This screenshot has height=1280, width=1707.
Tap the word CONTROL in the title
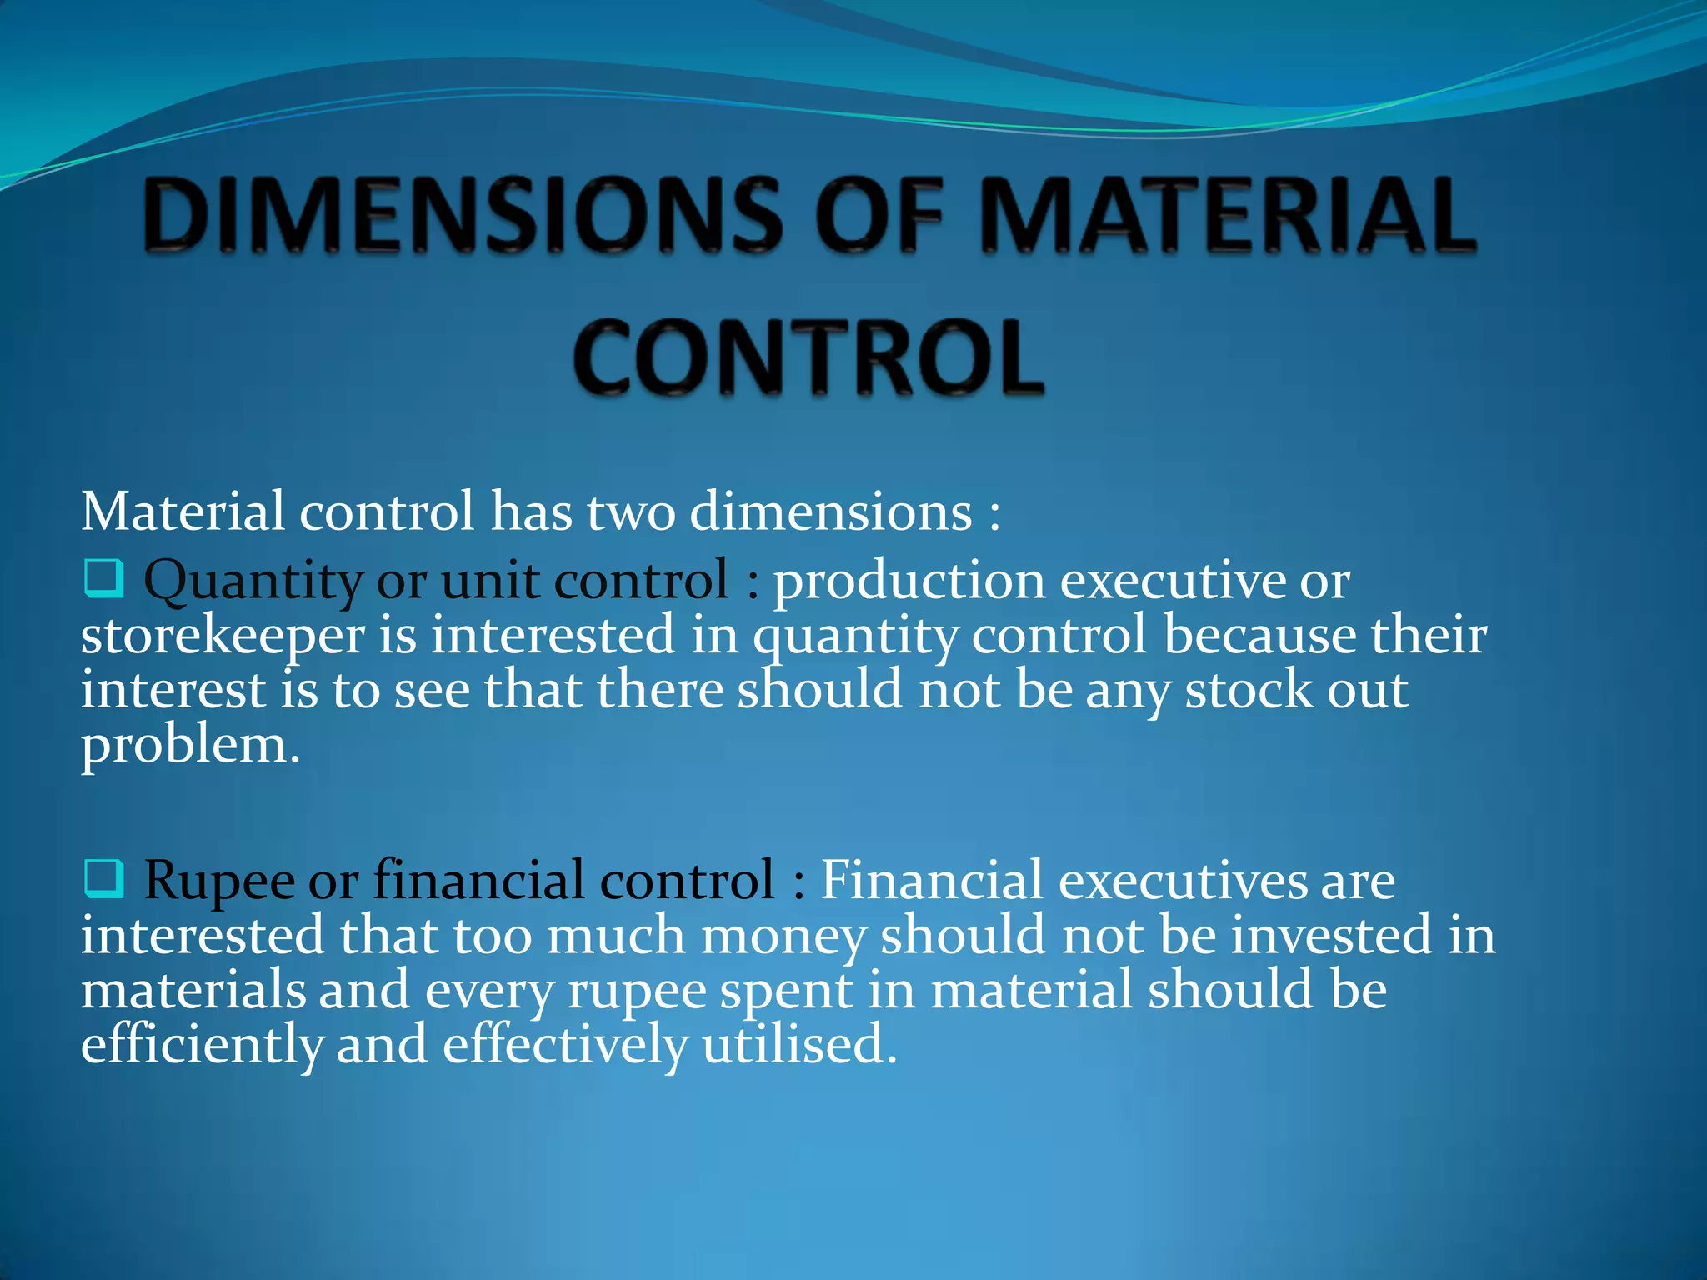click(808, 358)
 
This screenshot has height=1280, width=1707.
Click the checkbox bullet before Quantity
click(104, 579)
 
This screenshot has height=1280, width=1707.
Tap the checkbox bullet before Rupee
click(104, 879)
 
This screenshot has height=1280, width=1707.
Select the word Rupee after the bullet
click(218, 881)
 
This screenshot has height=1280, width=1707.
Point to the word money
click(783, 936)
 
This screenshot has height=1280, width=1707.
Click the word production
click(909, 581)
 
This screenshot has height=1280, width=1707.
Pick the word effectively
click(564, 1046)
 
